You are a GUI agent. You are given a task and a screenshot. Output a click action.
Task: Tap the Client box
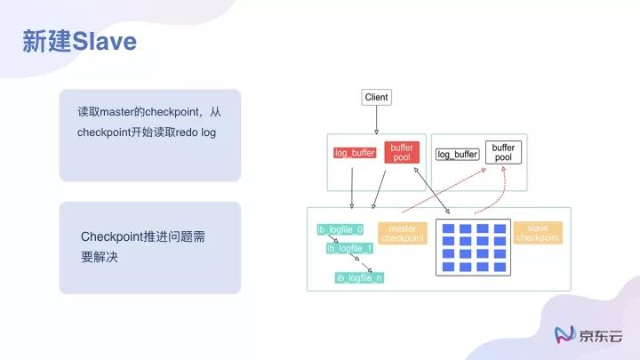(x=377, y=97)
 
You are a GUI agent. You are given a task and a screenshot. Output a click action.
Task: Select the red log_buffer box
(x=355, y=153)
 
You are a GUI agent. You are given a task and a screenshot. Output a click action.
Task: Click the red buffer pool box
(x=402, y=153)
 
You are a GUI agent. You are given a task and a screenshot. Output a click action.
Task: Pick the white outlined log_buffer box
(x=458, y=154)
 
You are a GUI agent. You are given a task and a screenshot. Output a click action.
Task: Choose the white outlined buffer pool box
(x=503, y=152)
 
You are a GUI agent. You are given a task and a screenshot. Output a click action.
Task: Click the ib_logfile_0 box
(x=340, y=230)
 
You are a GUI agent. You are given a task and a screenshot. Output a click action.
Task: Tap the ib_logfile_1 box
(x=350, y=248)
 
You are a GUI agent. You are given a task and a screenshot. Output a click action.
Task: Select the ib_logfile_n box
(x=359, y=278)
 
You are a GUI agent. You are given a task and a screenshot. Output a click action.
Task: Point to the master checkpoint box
(x=403, y=233)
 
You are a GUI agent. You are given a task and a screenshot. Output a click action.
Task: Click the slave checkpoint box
(x=538, y=233)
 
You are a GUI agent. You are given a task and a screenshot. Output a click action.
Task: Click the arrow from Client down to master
(x=377, y=119)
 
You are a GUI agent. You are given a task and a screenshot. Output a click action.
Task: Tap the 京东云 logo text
(x=602, y=335)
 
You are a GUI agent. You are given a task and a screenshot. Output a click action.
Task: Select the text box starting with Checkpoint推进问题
(x=150, y=247)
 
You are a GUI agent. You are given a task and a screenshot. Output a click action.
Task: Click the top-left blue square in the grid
(x=449, y=229)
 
